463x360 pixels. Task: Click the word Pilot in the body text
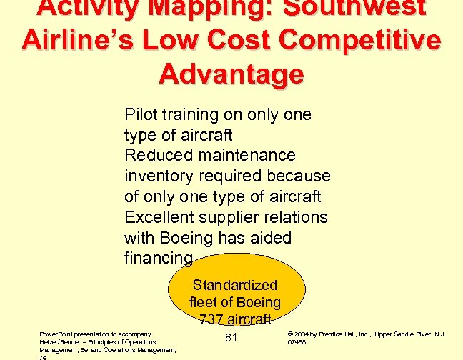[141, 114]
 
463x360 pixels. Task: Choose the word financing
[159, 258]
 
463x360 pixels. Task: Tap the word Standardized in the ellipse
[235, 286]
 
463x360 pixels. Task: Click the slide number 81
[231, 337]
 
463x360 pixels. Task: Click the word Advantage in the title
[231, 74]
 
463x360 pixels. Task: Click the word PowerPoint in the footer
[57, 333]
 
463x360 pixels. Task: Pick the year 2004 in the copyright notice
[302, 334]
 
